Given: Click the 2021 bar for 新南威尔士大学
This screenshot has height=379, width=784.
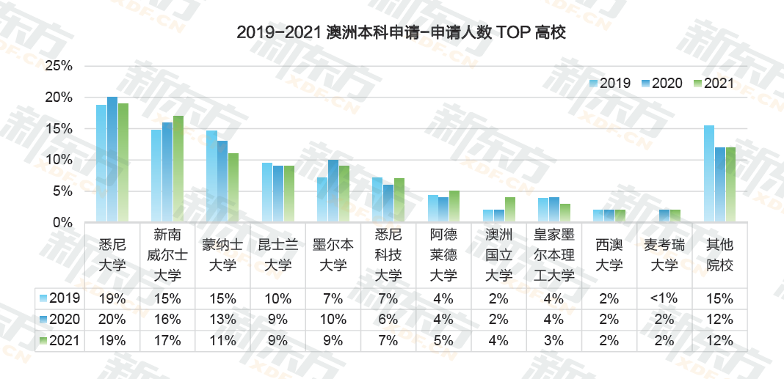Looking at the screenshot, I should pyautogui.click(x=178, y=169).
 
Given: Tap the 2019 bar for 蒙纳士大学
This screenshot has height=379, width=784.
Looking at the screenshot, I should pyautogui.click(x=211, y=176).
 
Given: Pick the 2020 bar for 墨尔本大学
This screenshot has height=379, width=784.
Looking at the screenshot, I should pyautogui.click(x=333, y=191).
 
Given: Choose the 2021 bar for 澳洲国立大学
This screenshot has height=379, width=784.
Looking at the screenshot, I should pyautogui.click(x=510, y=210).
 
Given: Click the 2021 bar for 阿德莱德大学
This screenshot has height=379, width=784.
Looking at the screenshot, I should pyautogui.click(x=454, y=206).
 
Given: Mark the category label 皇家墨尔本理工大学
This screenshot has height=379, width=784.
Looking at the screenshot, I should pyautogui.click(x=555, y=260).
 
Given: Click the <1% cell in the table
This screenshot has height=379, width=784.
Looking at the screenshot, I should pyautogui.click(x=665, y=298).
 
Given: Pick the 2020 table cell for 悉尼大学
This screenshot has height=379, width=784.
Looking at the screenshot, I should pyautogui.click(x=112, y=320).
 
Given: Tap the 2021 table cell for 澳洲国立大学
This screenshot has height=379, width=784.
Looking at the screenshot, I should pyautogui.click(x=499, y=341).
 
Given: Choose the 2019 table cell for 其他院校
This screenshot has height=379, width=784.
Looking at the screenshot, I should pyautogui.click(x=720, y=298).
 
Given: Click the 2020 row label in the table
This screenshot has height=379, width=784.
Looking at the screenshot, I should pyautogui.click(x=59, y=320).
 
